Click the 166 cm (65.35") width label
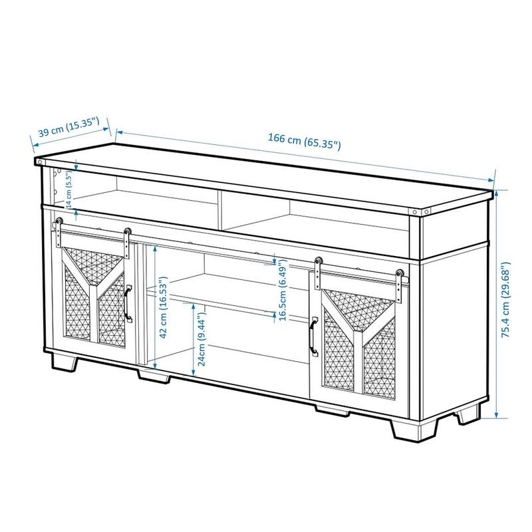click(305, 142)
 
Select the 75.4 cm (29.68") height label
click(506, 300)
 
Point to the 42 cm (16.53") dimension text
click(164, 307)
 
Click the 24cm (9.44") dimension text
click(201, 338)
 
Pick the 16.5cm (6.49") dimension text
click(283, 290)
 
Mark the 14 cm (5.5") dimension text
click(69, 190)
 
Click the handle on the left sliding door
click(128, 304)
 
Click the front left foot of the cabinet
click(65, 362)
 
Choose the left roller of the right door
click(319, 261)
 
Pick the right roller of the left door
click(127, 232)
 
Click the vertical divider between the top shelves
click(220, 211)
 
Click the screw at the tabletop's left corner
click(40, 162)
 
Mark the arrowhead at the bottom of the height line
click(496, 414)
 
